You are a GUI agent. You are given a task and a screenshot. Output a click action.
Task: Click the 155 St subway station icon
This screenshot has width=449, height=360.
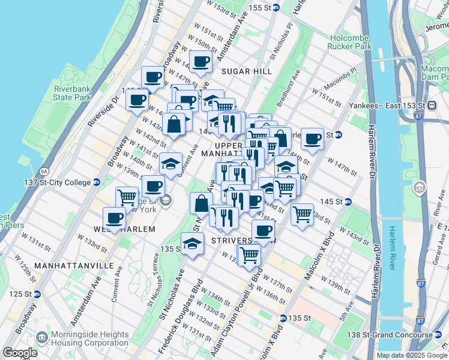tap(276, 7)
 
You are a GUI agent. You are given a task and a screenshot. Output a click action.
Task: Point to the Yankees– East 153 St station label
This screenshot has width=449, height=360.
tap(389, 104)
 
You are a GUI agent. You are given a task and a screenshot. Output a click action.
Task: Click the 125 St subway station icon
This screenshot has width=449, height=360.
tap(37, 294)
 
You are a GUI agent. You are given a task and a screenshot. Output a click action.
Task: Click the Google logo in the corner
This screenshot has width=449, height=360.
tap(20, 353)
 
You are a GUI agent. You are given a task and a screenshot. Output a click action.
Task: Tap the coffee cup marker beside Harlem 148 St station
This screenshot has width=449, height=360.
tap(312, 139)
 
